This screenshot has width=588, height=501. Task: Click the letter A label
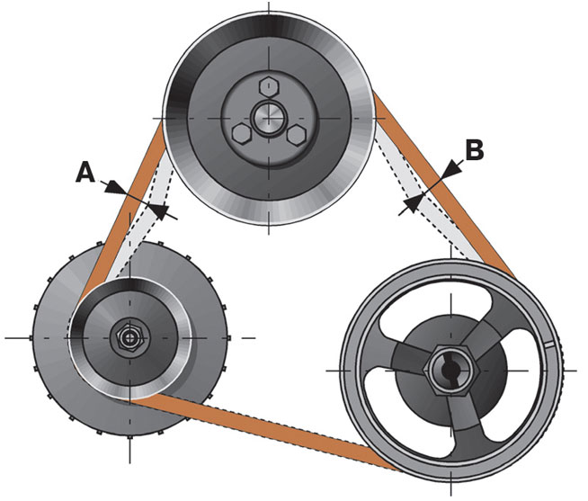[85, 173]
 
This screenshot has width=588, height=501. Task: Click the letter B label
[475, 149]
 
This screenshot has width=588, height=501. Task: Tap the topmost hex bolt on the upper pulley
[269, 87]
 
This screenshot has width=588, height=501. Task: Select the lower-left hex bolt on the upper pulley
[242, 133]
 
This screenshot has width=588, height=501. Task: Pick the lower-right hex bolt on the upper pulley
[297, 135]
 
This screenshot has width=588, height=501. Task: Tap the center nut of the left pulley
[129, 337]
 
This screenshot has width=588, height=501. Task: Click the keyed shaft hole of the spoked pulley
[450, 371]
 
